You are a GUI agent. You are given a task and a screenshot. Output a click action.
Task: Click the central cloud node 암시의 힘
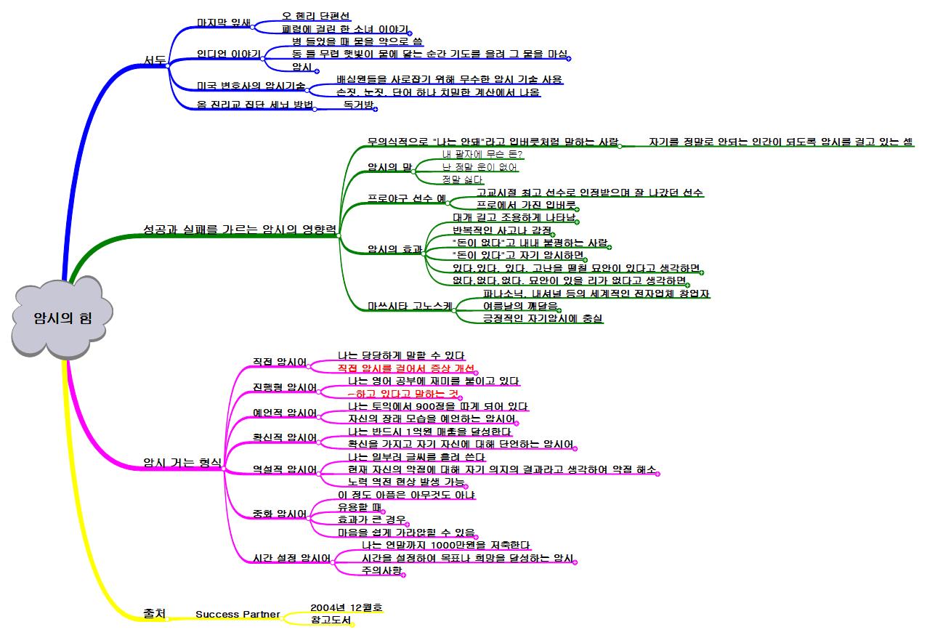point(62,317)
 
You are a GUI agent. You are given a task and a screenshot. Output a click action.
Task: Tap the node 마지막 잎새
point(223,23)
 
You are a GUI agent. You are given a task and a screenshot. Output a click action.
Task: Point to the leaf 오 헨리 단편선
point(315,16)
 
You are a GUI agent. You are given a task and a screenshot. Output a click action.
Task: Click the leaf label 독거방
point(358,105)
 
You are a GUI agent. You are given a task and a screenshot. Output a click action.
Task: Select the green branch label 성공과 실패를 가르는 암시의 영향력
point(240,230)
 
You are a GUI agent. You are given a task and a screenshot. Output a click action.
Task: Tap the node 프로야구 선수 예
point(406,198)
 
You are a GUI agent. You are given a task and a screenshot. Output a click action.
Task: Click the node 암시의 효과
point(395,249)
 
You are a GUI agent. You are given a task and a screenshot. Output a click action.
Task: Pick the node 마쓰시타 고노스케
point(410,306)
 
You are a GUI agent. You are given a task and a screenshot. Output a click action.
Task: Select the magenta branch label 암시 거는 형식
point(182,462)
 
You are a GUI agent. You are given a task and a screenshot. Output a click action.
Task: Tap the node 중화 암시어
point(280,514)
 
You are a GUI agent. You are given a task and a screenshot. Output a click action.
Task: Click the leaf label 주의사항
point(381,571)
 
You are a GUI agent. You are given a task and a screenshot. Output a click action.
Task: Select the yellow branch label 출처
point(155,614)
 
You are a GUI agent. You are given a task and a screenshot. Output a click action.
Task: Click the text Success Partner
point(238,615)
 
